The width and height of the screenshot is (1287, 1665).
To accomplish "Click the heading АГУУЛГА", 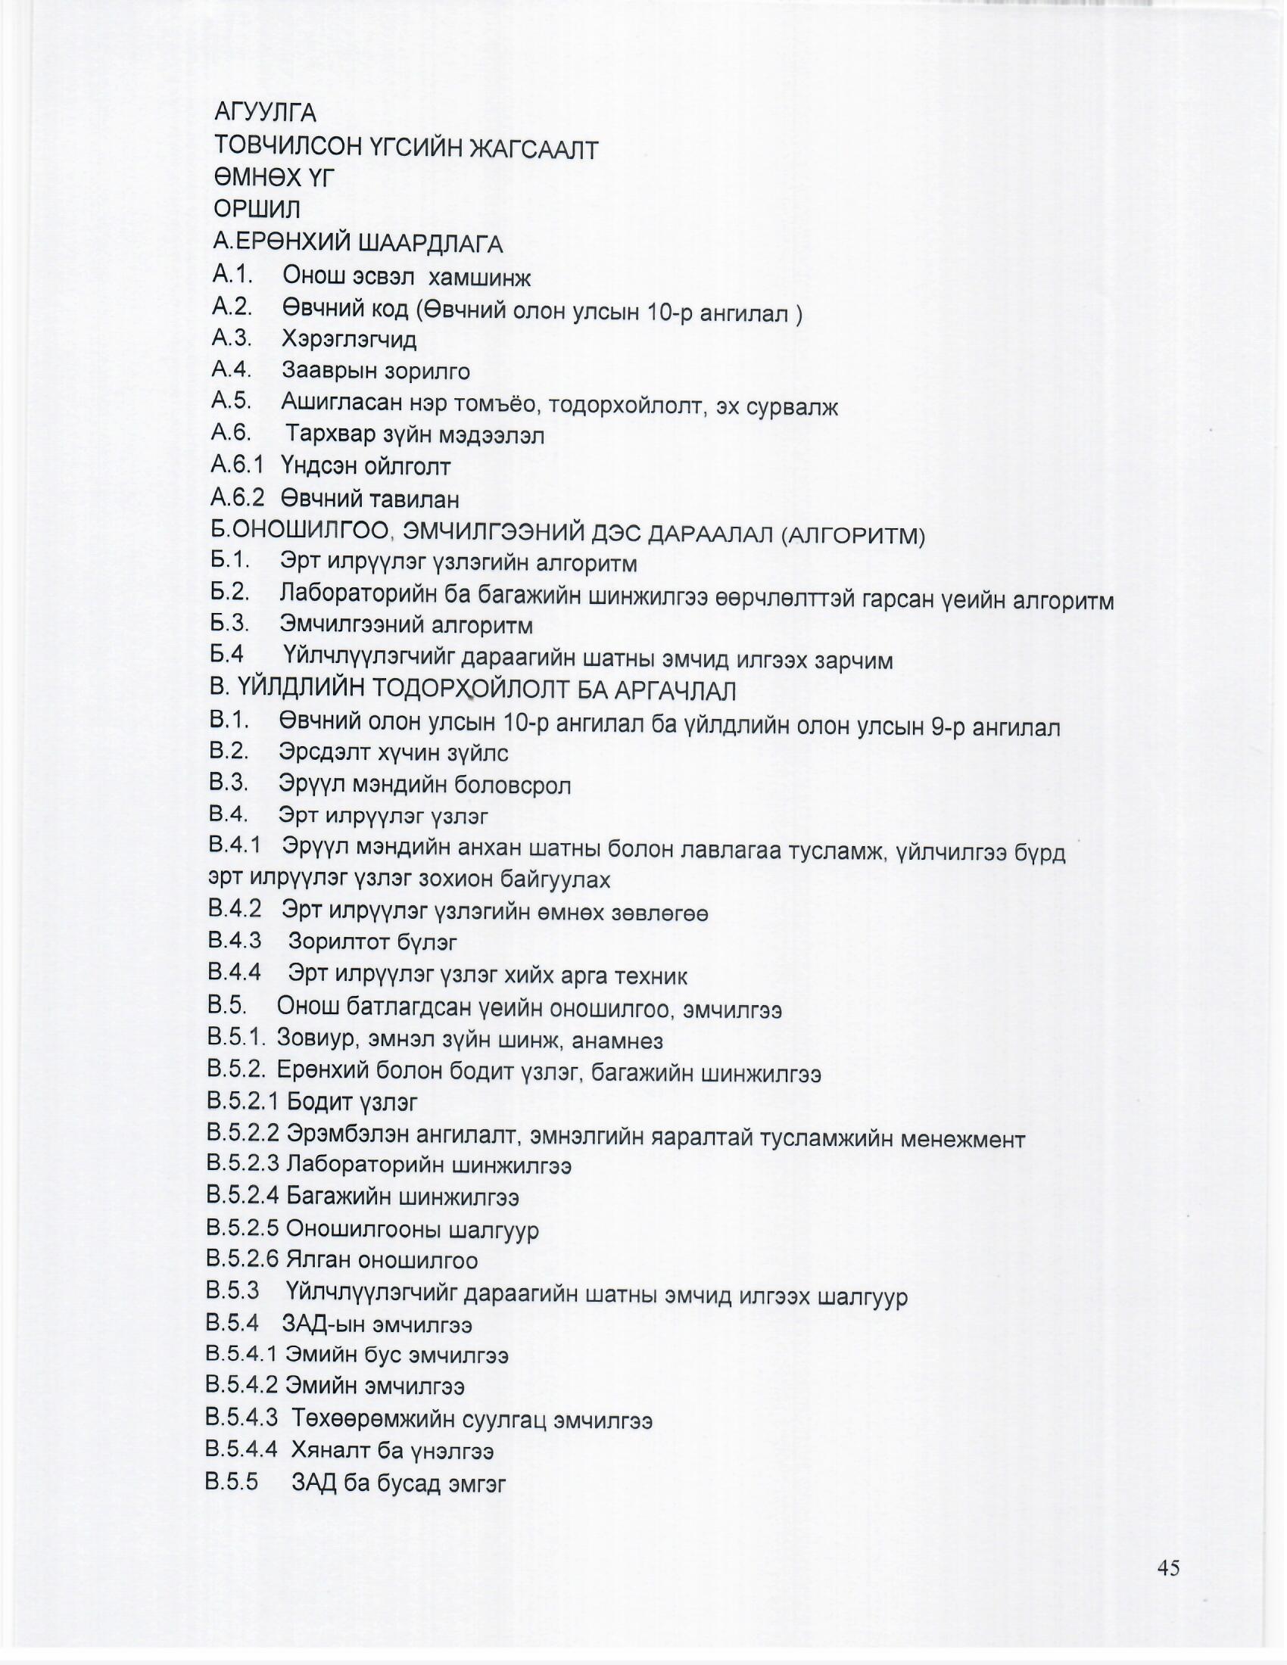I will tap(265, 113).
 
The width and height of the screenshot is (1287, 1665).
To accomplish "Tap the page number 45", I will tap(1168, 1568).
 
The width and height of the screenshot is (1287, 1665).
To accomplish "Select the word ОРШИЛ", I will tap(257, 209).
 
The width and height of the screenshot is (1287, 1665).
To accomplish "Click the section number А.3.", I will tap(232, 337).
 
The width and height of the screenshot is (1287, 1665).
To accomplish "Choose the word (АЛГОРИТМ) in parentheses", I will tap(853, 536).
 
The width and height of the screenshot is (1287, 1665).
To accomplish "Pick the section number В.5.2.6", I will tap(243, 1259).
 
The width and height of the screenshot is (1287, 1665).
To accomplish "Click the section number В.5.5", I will tap(232, 1481).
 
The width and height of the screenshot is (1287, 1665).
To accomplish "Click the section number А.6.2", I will tap(238, 498).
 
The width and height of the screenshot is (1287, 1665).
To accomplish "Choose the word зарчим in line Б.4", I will tap(854, 660).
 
